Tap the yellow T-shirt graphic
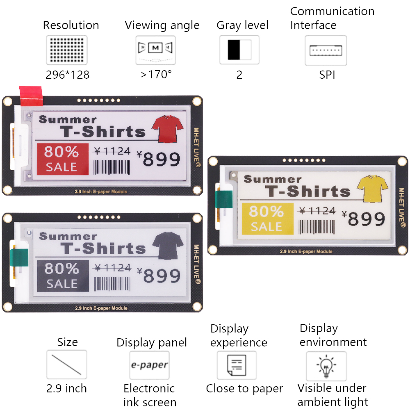[373, 188]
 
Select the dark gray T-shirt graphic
[168, 246]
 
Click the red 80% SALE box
[62, 159]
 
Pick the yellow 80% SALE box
[267, 219]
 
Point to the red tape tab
[31, 96]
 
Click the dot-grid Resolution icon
[67, 50]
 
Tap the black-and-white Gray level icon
[239, 50]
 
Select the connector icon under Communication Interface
[326, 50]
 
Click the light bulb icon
[326, 366]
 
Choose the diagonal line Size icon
[66, 364]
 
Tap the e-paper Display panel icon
[149, 365]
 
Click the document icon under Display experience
[237, 365]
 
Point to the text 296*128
[68, 75]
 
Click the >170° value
[156, 75]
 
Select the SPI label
[327, 75]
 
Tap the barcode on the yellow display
[317, 227]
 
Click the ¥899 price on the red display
[158, 159]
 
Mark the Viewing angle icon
[155, 50]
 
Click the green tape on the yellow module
[223, 199]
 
